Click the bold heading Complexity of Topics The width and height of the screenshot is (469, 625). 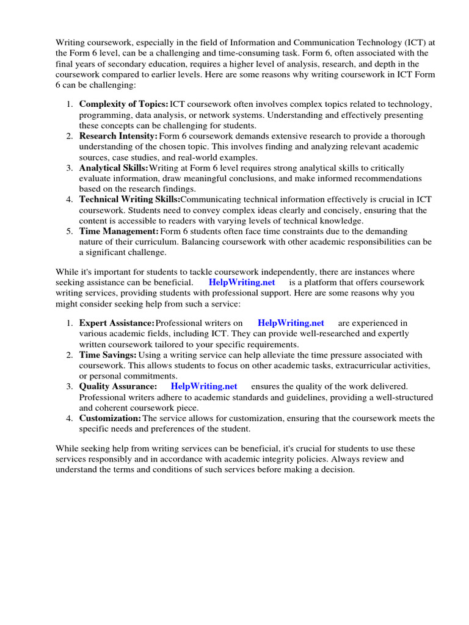(x=123, y=104)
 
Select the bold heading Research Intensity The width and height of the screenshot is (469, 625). (x=118, y=136)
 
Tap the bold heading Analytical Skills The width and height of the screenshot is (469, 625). (x=114, y=168)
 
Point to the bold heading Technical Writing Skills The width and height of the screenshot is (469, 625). (x=129, y=200)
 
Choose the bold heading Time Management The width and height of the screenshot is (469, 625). (x=118, y=231)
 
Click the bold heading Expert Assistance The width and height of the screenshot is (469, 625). (x=117, y=323)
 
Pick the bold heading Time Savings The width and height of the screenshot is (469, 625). (x=107, y=355)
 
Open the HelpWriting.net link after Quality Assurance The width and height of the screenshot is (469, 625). (x=204, y=386)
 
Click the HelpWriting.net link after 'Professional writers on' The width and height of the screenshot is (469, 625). (x=291, y=323)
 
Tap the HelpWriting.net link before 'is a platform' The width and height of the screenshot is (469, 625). (x=242, y=283)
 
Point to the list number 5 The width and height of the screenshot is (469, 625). (x=70, y=231)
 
